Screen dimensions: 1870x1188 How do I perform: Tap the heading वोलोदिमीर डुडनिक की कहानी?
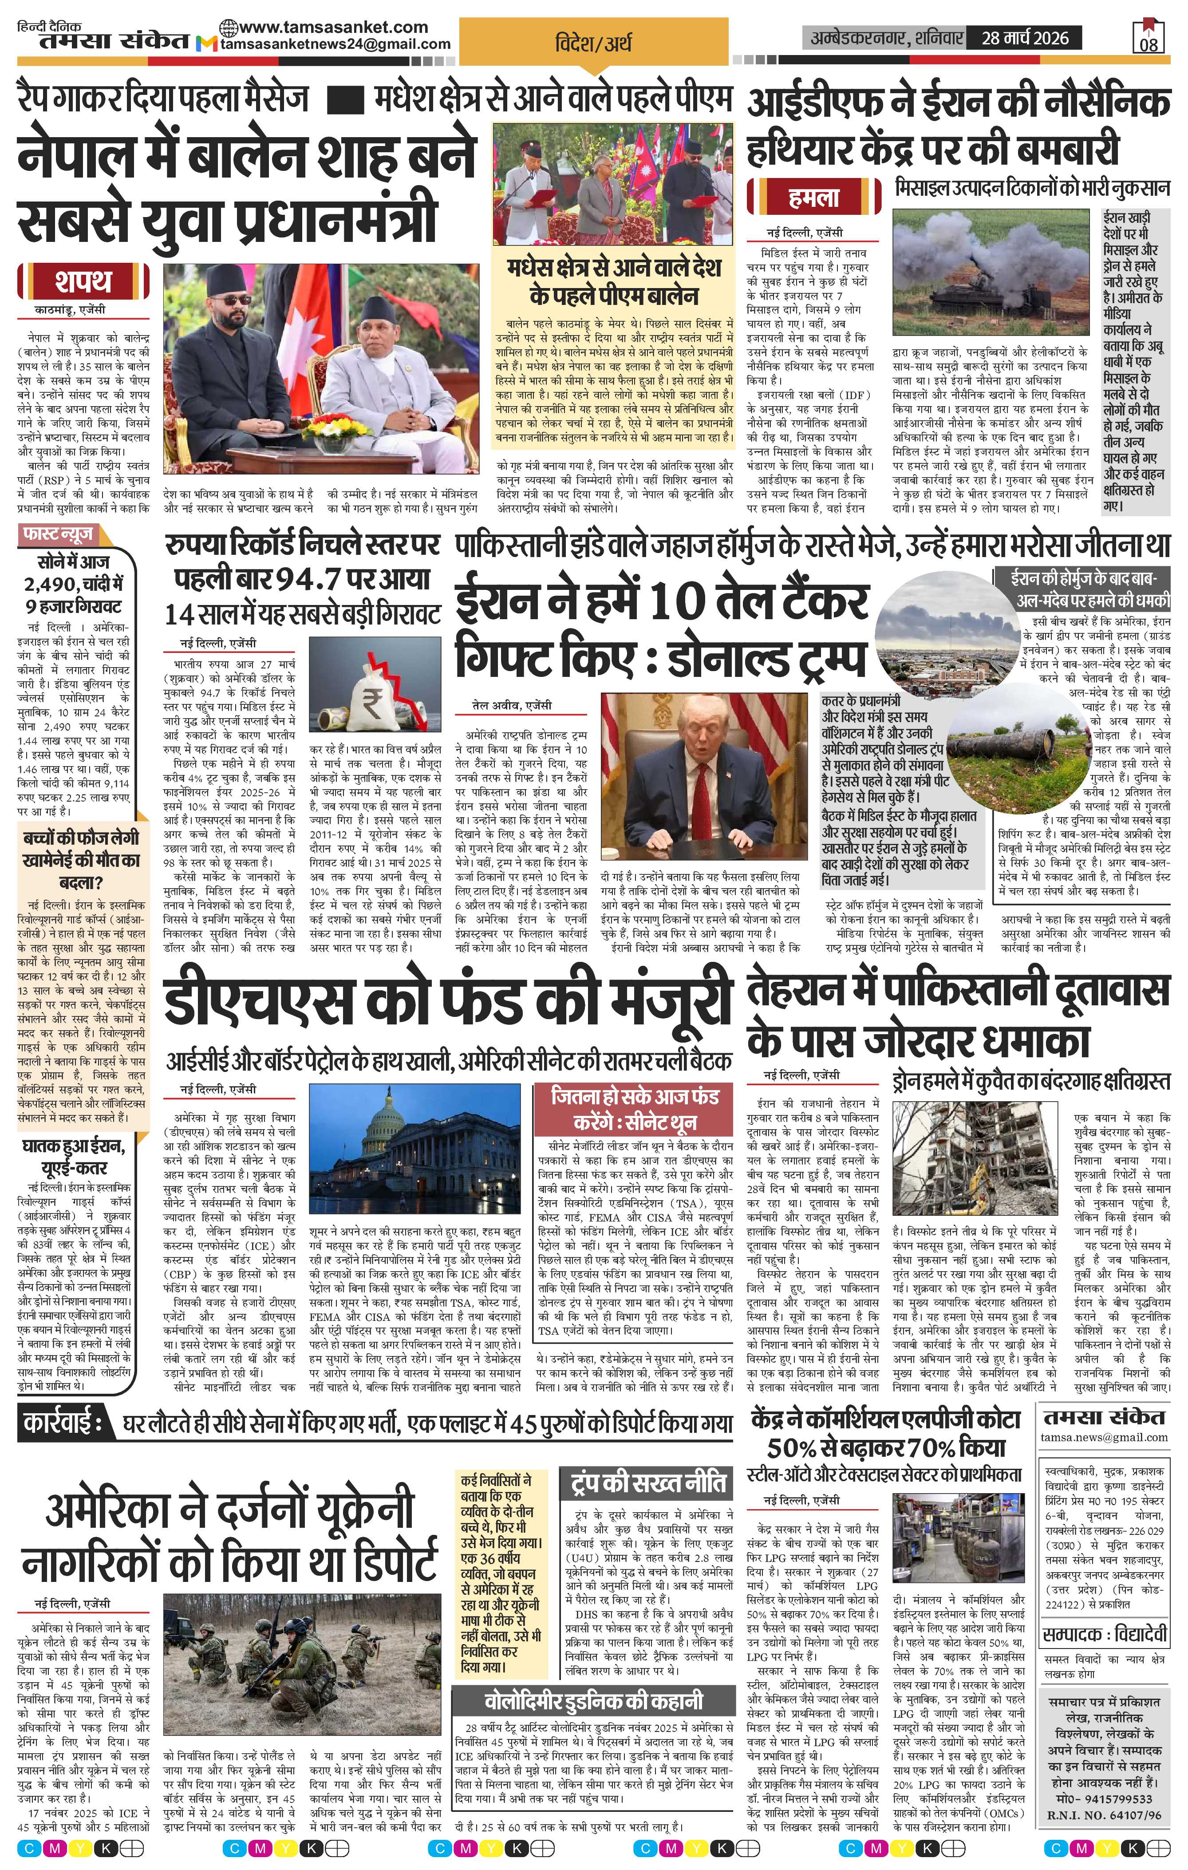point(593,1700)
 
